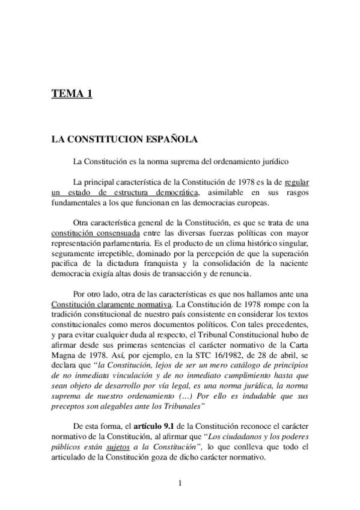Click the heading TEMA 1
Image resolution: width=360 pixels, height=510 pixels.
pos(72,94)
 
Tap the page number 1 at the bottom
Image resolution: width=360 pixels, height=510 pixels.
pos(180,482)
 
